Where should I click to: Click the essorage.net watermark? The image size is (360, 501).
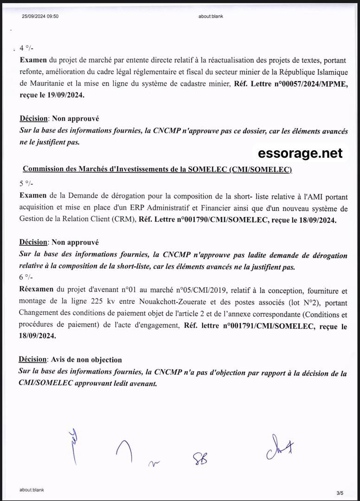tap(300, 153)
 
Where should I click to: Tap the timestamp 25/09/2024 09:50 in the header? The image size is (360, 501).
tap(40, 17)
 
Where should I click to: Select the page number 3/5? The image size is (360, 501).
tap(340, 492)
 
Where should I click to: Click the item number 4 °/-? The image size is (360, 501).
tap(27, 48)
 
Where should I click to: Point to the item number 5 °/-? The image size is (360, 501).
tap(26, 183)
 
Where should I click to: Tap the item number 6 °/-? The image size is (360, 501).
tap(26, 277)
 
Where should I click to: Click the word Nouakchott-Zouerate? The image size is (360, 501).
tap(177, 302)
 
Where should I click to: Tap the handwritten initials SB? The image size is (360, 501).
tap(200, 458)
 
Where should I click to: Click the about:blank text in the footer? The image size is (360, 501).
tap(32, 490)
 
